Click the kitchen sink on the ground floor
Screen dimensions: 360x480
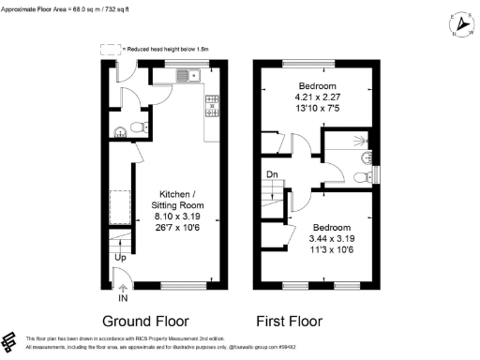point(198,75)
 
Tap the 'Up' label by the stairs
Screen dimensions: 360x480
point(120,256)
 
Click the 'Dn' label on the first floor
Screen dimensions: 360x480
point(271,173)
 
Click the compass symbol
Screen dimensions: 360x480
point(457,22)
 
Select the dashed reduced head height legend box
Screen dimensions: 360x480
point(112,48)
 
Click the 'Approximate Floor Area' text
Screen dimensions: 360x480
point(47,7)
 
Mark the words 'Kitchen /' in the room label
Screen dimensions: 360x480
point(175,193)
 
